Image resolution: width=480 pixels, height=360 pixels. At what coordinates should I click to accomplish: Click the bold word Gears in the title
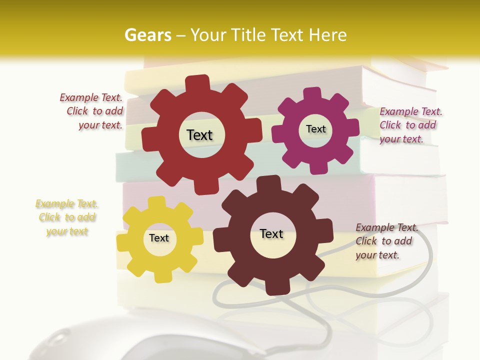(x=147, y=35)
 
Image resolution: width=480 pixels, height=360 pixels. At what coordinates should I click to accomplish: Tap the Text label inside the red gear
(x=199, y=135)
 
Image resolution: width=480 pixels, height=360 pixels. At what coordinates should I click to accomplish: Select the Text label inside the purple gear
(x=315, y=129)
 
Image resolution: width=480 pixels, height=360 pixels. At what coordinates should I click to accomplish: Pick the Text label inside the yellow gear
(x=159, y=238)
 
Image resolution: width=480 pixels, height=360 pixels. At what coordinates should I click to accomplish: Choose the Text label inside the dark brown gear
(x=271, y=233)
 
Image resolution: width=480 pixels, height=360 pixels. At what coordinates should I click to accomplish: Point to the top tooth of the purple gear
(x=312, y=94)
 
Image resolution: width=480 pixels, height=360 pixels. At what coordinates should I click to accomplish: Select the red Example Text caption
(x=92, y=111)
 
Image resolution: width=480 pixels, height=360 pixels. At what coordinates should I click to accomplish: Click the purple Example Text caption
(x=410, y=125)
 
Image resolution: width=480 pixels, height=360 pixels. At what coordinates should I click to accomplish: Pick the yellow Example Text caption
(x=67, y=217)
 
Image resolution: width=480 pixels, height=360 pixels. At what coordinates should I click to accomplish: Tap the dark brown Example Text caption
(x=386, y=241)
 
